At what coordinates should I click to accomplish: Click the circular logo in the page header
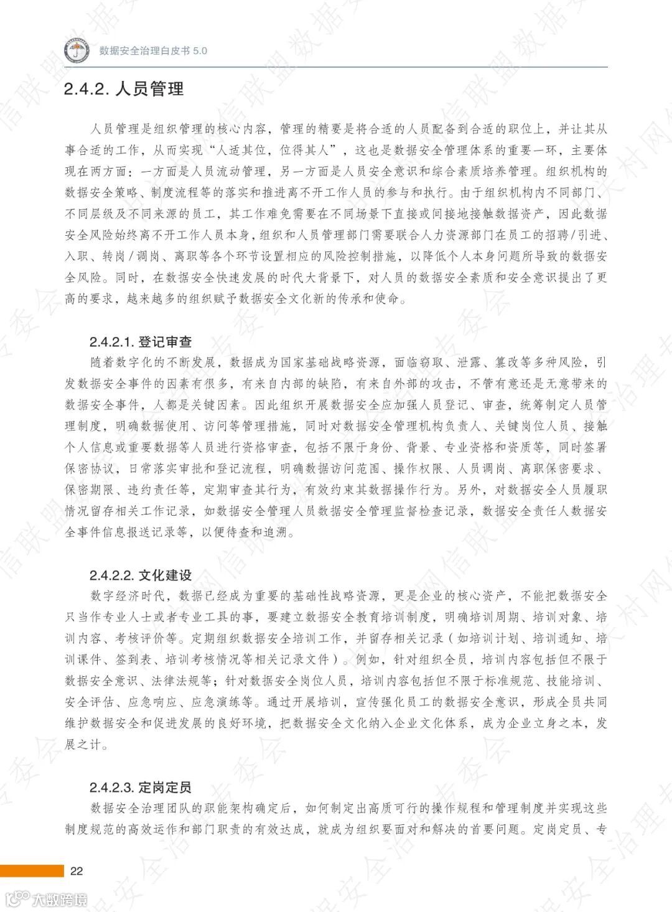77,50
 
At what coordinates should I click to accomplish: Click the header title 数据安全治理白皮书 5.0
153,51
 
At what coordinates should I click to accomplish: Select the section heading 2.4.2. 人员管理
124,89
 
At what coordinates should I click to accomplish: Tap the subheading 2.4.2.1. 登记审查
140,342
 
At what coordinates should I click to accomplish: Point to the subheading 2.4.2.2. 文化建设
140,575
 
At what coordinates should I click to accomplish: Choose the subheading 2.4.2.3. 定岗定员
140,787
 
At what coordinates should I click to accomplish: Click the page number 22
77,871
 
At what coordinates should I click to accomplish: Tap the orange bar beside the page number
32,871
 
